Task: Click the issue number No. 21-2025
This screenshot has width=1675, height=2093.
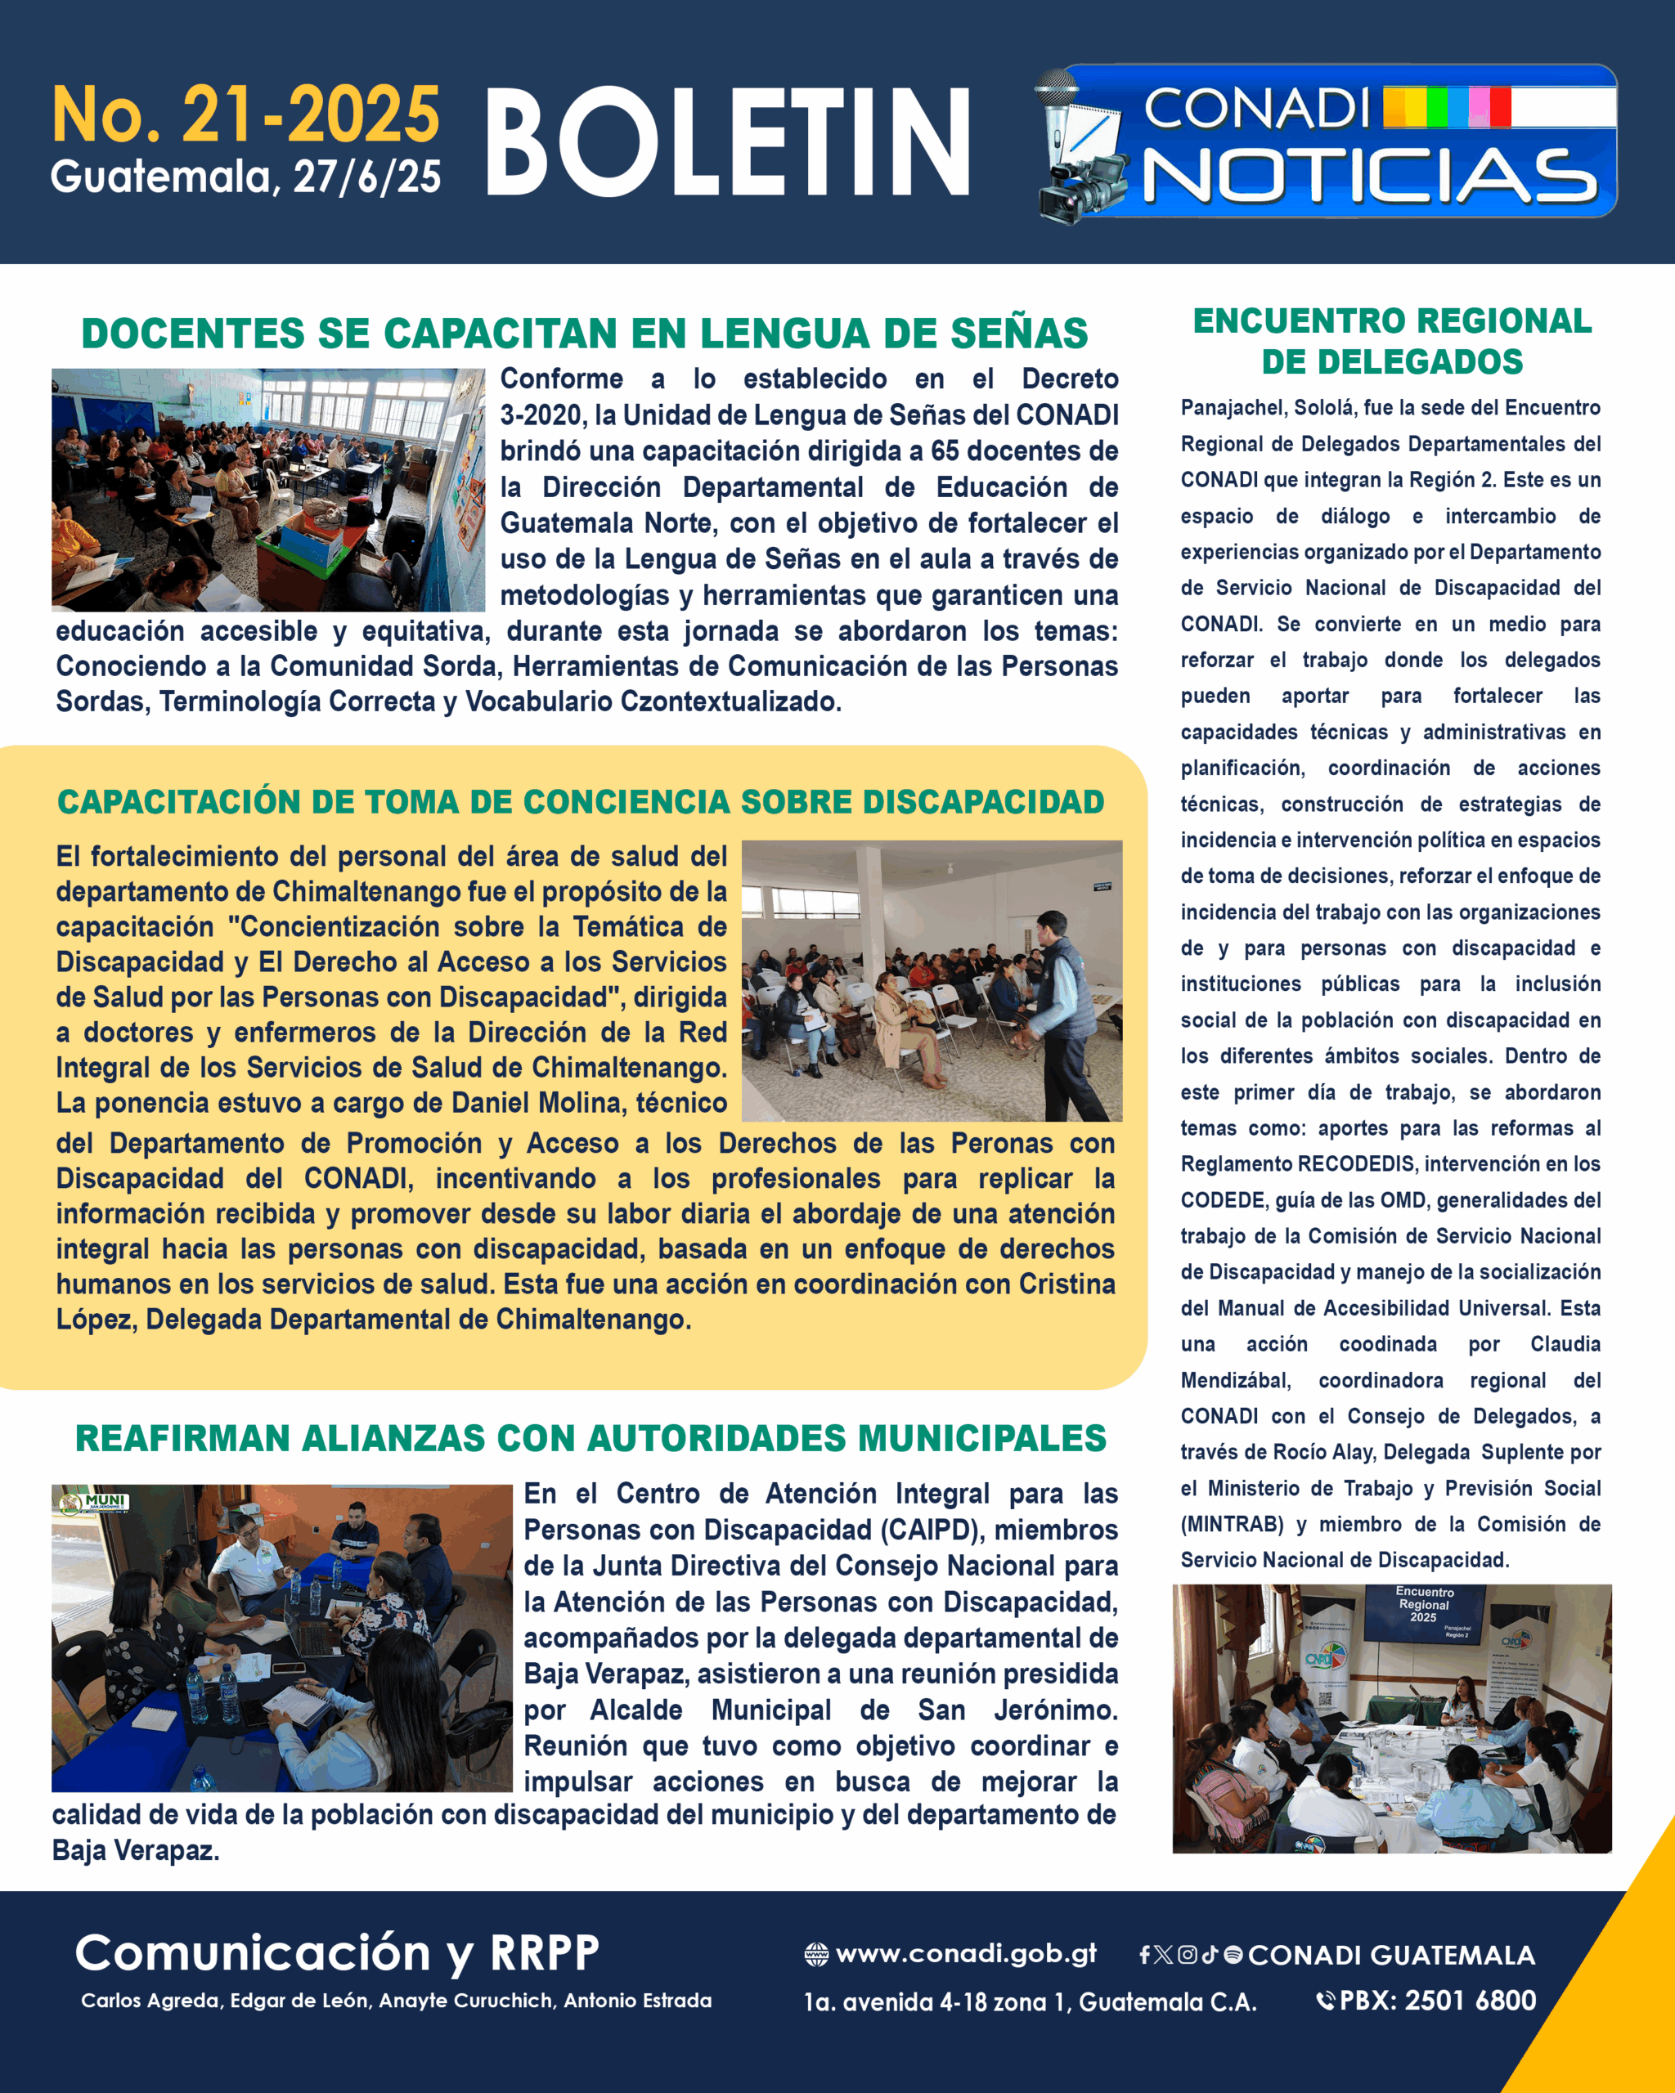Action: pos(245,114)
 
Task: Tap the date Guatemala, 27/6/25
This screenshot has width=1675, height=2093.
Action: pos(245,177)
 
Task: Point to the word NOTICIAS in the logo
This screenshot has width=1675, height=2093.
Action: pos(1369,177)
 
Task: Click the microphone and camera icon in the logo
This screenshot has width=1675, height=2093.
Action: pos(1080,146)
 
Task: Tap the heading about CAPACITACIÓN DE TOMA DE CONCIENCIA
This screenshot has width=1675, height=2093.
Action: pos(581,802)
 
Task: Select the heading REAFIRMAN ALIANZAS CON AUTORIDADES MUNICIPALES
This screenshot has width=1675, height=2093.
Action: pos(591,1438)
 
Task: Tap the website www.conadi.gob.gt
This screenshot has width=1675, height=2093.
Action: pos(966,1953)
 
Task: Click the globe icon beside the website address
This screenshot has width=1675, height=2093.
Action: pos(815,1954)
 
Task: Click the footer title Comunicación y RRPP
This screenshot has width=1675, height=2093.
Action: pos(337,1952)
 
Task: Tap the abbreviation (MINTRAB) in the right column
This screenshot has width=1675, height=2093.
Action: pos(1231,1524)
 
